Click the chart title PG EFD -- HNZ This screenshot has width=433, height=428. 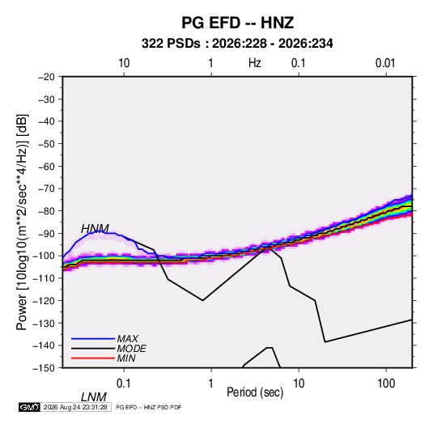(x=237, y=23)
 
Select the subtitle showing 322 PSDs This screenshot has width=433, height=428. (x=237, y=44)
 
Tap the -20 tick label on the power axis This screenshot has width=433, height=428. (x=46, y=77)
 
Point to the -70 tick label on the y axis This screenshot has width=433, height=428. (x=46, y=189)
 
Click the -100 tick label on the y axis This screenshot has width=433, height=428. (x=44, y=256)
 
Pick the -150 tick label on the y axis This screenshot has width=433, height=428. (x=44, y=368)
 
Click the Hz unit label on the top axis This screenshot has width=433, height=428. (x=255, y=63)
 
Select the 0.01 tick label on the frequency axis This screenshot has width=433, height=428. (x=385, y=63)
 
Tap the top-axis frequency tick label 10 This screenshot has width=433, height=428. (x=124, y=63)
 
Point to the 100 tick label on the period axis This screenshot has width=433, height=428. (x=386, y=384)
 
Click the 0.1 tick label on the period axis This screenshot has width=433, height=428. (x=123, y=384)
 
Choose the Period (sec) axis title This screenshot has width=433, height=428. (x=255, y=392)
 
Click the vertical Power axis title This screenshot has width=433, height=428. (x=22, y=222)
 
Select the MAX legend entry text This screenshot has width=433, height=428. (x=128, y=338)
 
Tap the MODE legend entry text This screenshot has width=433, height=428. (x=131, y=349)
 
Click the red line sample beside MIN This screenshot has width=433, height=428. (x=93, y=358)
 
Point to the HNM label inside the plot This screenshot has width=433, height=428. (x=95, y=229)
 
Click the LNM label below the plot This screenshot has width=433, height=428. (x=94, y=397)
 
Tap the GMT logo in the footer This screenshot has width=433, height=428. (x=30, y=407)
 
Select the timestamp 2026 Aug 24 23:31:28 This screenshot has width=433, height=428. (x=75, y=407)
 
